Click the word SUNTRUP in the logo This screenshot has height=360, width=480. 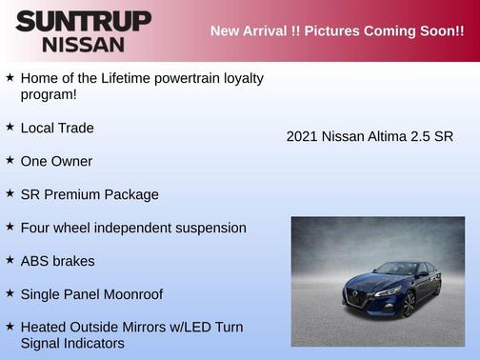[x=83, y=21]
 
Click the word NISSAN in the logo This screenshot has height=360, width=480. [x=83, y=44]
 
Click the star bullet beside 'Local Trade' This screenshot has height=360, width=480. [x=10, y=127]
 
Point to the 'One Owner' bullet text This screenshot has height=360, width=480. [x=50, y=161]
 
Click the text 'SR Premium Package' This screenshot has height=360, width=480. [x=90, y=194]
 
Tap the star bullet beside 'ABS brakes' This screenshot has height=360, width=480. [x=10, y=260]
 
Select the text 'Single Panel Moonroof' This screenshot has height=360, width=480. [x=92, y=293]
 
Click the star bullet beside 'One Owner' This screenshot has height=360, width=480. [x=10, y=160]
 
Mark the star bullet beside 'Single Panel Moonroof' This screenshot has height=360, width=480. [x=10, y=293]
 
